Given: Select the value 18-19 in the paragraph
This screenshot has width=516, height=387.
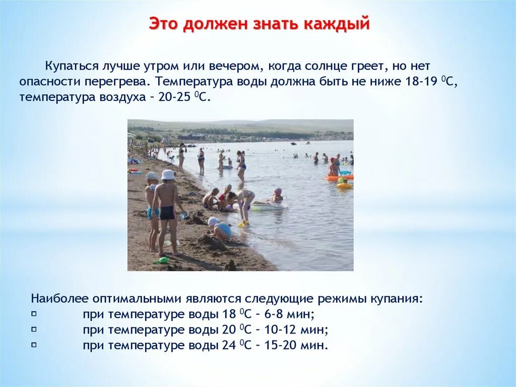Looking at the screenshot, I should pyautogui.click(x=421, y=81).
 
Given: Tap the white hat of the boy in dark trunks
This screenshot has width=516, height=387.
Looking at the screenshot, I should pyautogui.click(x=168, y=175).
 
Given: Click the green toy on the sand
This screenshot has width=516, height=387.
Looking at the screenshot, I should pyautogui.click(x=162, y=260).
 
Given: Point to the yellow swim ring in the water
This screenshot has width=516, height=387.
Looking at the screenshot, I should pyautogui.click(x=345, y=185).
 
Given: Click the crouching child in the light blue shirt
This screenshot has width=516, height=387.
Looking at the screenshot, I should pyautogui.click(x=221, y=230).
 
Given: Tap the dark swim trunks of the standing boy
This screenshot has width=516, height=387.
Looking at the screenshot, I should pyautogui.click(x=167, y=212).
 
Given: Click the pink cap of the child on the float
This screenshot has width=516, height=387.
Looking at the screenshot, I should pyautogui.click(x=278, y=191).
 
